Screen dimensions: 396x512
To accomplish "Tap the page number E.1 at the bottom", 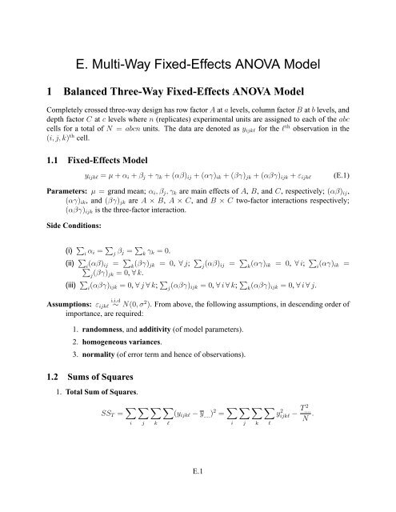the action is (198, 493).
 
